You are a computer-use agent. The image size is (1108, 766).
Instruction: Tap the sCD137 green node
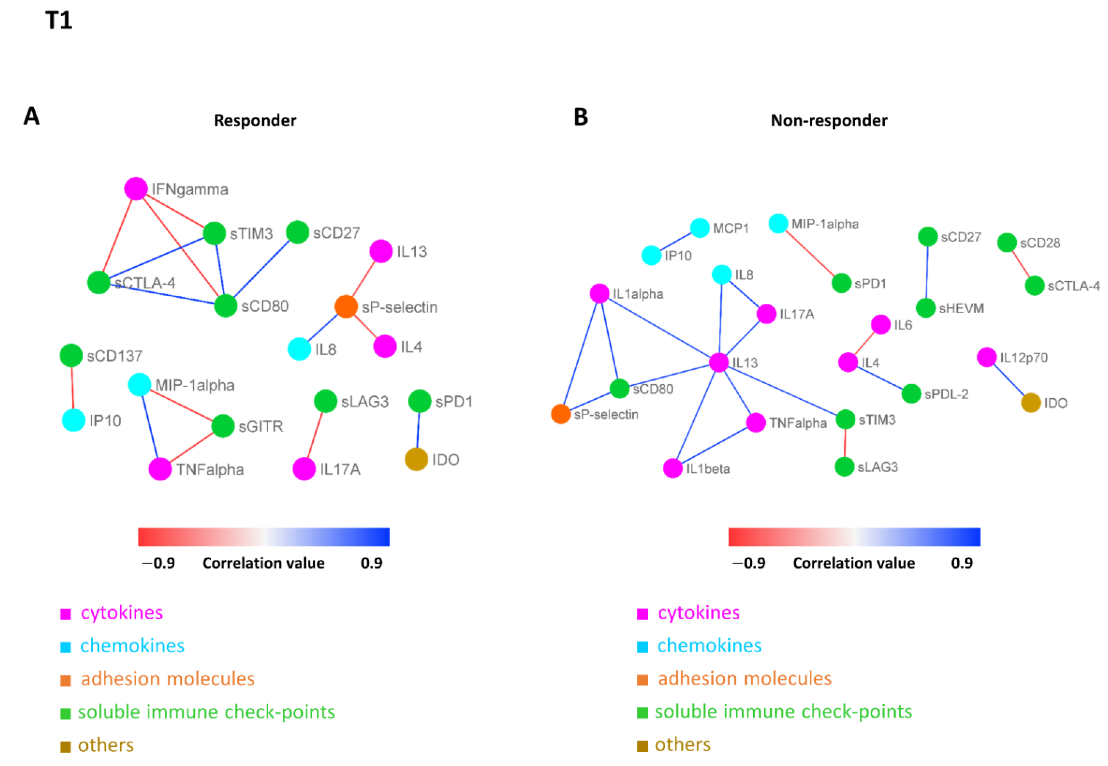[x=71, y=356]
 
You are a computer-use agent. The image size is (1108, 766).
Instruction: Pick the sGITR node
[x=223, y=426]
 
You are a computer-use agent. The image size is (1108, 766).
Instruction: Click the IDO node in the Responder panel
[x=416, y=459]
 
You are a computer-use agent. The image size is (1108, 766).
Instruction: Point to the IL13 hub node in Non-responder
[x=719, y=362]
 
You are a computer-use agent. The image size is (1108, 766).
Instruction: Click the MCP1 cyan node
[x=700, y=228]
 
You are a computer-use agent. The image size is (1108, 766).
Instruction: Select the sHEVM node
[x=926, y=308]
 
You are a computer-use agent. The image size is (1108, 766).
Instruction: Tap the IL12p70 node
[x=987, y=357]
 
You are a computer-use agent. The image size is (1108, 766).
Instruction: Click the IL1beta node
[x=673, y=469]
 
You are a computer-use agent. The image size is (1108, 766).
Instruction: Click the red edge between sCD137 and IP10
[x=72, y=388]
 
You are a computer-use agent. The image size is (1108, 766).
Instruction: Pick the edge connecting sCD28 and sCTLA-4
[x=1021, y=264]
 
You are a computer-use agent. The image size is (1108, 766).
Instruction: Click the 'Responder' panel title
[x=255, y=120]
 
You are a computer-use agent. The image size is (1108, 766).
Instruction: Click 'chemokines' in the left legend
[x=132, y=646]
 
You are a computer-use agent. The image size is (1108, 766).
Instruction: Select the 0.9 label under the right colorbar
[x=962, y=563]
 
